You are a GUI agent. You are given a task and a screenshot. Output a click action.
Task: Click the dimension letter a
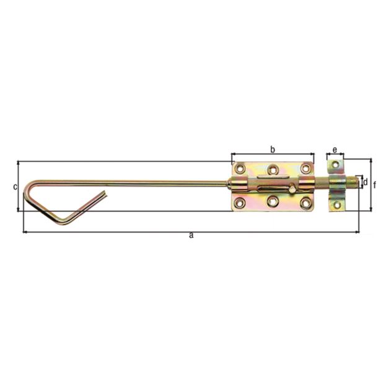tap(191, 235)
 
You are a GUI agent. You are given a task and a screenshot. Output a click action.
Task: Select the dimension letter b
tap(272, 149)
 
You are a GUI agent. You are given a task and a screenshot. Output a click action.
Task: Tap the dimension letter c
tap(14, 186)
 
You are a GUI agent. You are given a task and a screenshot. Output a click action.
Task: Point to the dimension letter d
tap(366, 182)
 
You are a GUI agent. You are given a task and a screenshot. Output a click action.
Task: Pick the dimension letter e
tap(335, 150)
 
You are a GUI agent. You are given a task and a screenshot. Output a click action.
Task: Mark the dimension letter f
tap(374, 185)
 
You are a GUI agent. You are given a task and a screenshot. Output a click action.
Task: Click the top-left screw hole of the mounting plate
tap(240, 168)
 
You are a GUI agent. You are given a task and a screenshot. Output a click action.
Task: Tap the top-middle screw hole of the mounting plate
tap(273, 169)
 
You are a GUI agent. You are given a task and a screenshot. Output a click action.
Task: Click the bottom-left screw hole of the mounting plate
tap(240, 201)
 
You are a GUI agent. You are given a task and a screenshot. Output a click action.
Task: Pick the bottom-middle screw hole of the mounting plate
tap(273, 201)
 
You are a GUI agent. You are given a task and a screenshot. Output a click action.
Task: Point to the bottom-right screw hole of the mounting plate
tap(305, 201)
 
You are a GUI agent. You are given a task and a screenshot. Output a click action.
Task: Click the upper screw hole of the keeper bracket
tap(335, 165)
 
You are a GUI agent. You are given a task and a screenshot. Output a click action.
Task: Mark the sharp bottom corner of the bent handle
tap(58, 222)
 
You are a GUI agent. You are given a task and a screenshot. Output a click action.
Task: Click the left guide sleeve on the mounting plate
tap(240, 184)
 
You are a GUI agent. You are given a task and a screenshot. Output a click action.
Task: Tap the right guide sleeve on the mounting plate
tap(305, 184)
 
